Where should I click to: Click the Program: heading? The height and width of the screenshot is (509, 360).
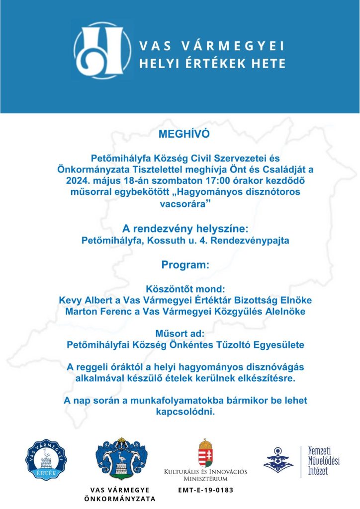(x=180, y=265)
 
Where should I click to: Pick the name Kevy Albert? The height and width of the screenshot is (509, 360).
(x=82, y=301)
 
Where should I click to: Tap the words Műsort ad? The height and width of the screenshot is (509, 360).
(x=180, y=333)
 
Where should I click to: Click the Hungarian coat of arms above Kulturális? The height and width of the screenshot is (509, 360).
(x=206, y=452)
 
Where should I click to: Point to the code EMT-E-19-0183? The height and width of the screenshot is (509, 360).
(x=205, y=490)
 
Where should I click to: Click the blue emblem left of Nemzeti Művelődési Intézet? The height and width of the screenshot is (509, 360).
(x=278, y=460)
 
